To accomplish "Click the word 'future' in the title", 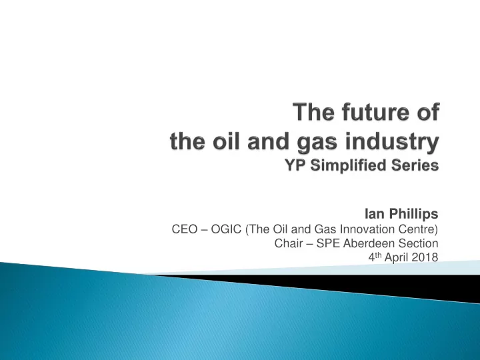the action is click(x=375, y=112).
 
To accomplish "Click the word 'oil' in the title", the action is click(x=226, y=141).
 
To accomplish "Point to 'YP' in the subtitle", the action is click(x=296, y=165).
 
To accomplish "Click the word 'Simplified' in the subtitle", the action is click(x=348, y=165).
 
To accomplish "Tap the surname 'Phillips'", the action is click(x=413, y=214).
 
